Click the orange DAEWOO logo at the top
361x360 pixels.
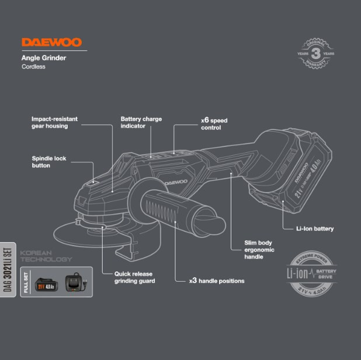tap(52, 43)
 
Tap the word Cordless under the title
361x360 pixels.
tap(33, 67)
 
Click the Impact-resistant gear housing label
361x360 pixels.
tap(54, 122)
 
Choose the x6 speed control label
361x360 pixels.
tap(214, 123)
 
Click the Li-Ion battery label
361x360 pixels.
tap(315, 229)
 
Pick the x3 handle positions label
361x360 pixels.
tap(217, 281)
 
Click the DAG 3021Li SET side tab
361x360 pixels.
tap(8, 268)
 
